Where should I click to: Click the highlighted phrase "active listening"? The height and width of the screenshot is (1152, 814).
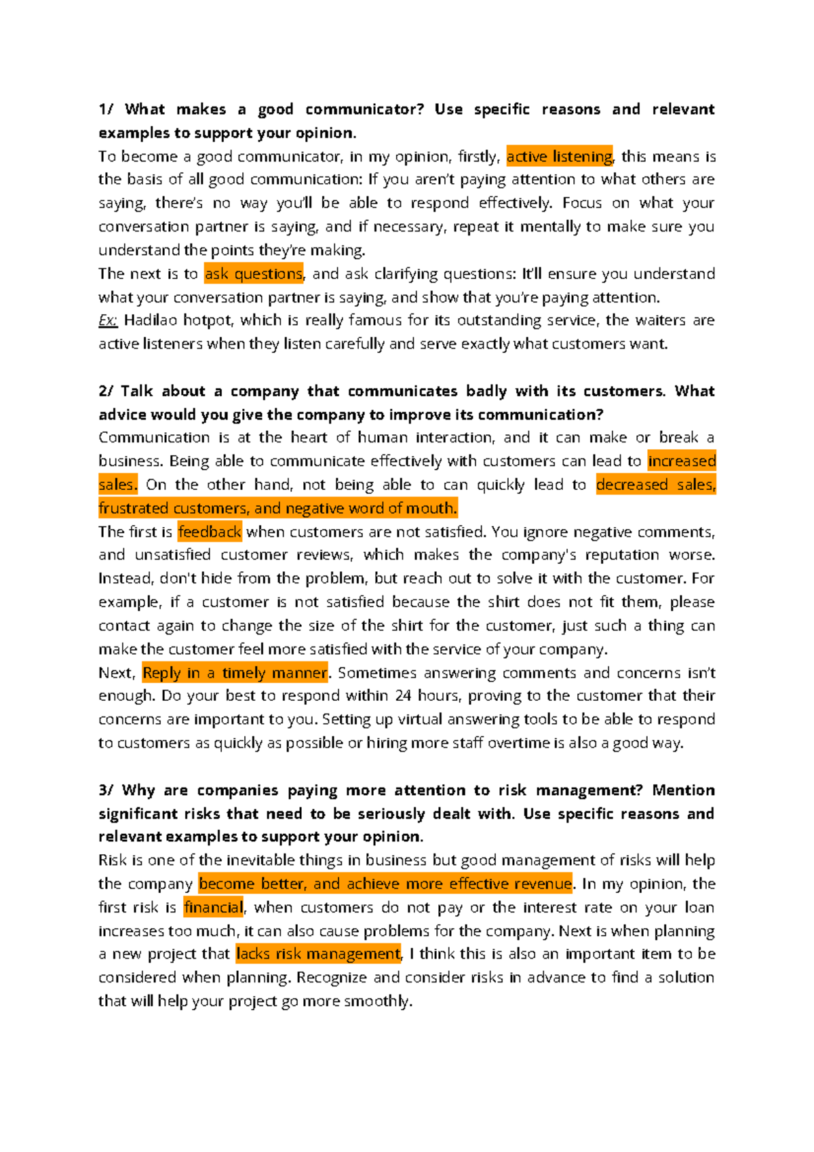(x=560, y=157)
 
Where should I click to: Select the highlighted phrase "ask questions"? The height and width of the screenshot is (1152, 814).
(x=254, y=274)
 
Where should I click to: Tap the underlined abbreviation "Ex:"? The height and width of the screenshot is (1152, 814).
(x=108, y=320)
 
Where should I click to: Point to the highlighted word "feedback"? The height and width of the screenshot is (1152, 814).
(x=210, y=532)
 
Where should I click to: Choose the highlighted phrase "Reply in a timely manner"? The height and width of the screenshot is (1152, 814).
(x=235, y=673)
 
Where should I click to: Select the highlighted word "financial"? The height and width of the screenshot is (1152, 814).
(x=214, y=908)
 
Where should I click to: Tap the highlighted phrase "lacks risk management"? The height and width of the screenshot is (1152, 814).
(x=319, y=955)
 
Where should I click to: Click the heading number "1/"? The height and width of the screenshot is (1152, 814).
(x=106, y=110)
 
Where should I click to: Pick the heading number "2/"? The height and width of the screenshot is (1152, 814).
(x=106, y=391)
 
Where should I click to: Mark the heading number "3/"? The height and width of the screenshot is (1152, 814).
(x=106, y=790)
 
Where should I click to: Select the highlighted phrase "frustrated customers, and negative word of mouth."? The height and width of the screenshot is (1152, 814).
(x=278, y=508)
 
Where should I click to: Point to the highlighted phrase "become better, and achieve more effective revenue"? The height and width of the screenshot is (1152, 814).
(x=385, y=884)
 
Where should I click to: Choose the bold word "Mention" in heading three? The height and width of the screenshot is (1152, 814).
(x=683, y=790)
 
